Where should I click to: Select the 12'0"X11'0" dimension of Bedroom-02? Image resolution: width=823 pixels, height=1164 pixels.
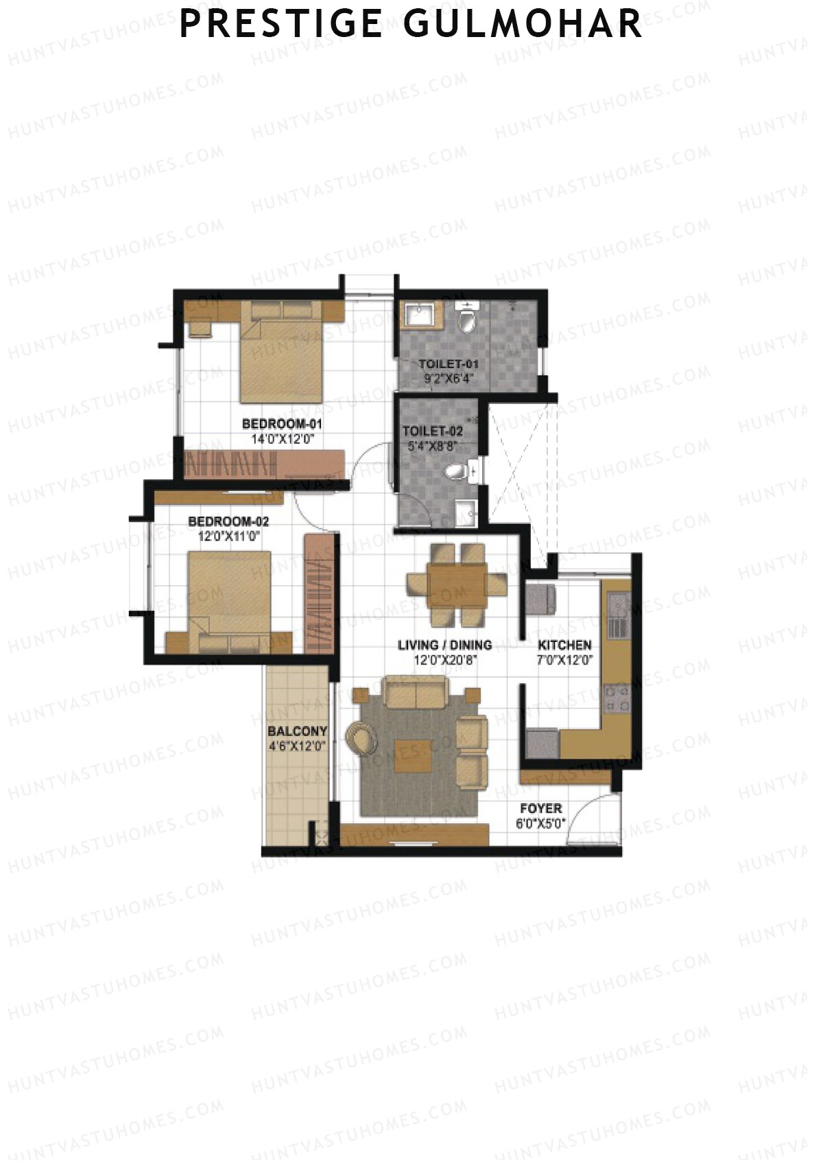point(228,537)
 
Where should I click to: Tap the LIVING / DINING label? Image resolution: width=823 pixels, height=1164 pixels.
point(445,645)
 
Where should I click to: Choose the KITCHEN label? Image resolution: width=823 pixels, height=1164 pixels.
point(564,645)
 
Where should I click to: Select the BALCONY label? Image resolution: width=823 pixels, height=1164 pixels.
point(298,731)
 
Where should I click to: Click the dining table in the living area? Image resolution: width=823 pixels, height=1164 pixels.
point(457,584)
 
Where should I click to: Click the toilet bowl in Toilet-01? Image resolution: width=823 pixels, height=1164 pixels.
point(468,320)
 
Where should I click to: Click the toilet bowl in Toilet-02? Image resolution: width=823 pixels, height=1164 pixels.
point(457,471)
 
